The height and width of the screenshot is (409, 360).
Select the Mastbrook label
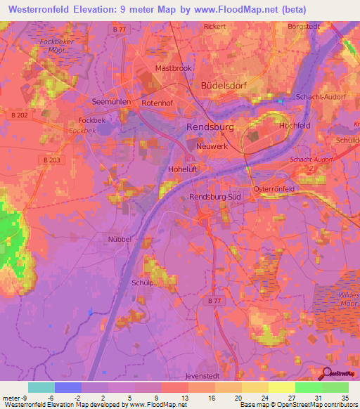pyautogui.click(x=173, y=69)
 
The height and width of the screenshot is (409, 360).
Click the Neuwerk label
pyautogui.click(x=212, y=147)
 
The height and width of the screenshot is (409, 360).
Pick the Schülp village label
pyautogui.click(x=142, y=282)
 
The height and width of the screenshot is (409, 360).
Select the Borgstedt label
pyautogui.click(x=304, y=27)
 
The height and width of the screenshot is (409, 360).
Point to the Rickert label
pyautogui.click(x=214, y=27)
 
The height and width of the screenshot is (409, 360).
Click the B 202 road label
pyautogui.click(x=19, y=115)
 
